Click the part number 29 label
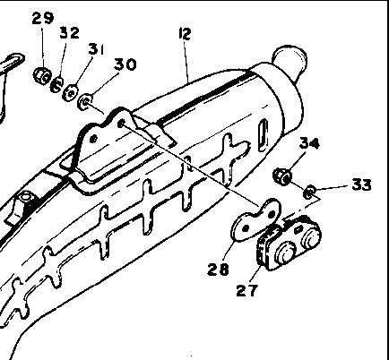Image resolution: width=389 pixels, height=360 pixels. (x=43, y=18)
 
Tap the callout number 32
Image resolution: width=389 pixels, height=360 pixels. (x=70, y=32)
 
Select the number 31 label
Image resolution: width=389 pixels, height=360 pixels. (x=96, y=49)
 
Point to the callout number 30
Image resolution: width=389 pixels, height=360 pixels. (x=125, y=64)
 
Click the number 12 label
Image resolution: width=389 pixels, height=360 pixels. (x=185, y=33)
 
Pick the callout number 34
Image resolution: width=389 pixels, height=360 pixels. (x=309, y=143)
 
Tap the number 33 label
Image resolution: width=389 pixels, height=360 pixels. (x=362, y=184)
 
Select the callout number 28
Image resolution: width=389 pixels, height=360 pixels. (x=218, y=270)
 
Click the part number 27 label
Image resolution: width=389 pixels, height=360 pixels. (x=246, y=290)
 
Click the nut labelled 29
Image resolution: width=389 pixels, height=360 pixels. (x=42, y=76)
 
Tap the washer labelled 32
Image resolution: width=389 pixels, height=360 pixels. (x=56, y=85)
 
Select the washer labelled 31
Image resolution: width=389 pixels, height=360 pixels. (x=70, y=92)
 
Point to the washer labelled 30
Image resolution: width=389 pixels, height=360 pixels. (x=85, y=102)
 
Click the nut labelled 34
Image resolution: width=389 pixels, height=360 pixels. (x=282, y=176)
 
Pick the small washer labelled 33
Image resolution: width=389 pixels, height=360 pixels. (x=309, y=192)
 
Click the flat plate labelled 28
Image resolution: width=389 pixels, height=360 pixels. (x=256, y=220)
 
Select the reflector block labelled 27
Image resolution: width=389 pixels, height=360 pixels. (x=289, y=244)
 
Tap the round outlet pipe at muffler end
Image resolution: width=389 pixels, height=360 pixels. (x=290, y=61)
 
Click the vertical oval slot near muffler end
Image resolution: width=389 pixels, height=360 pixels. (x=263, y=135)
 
